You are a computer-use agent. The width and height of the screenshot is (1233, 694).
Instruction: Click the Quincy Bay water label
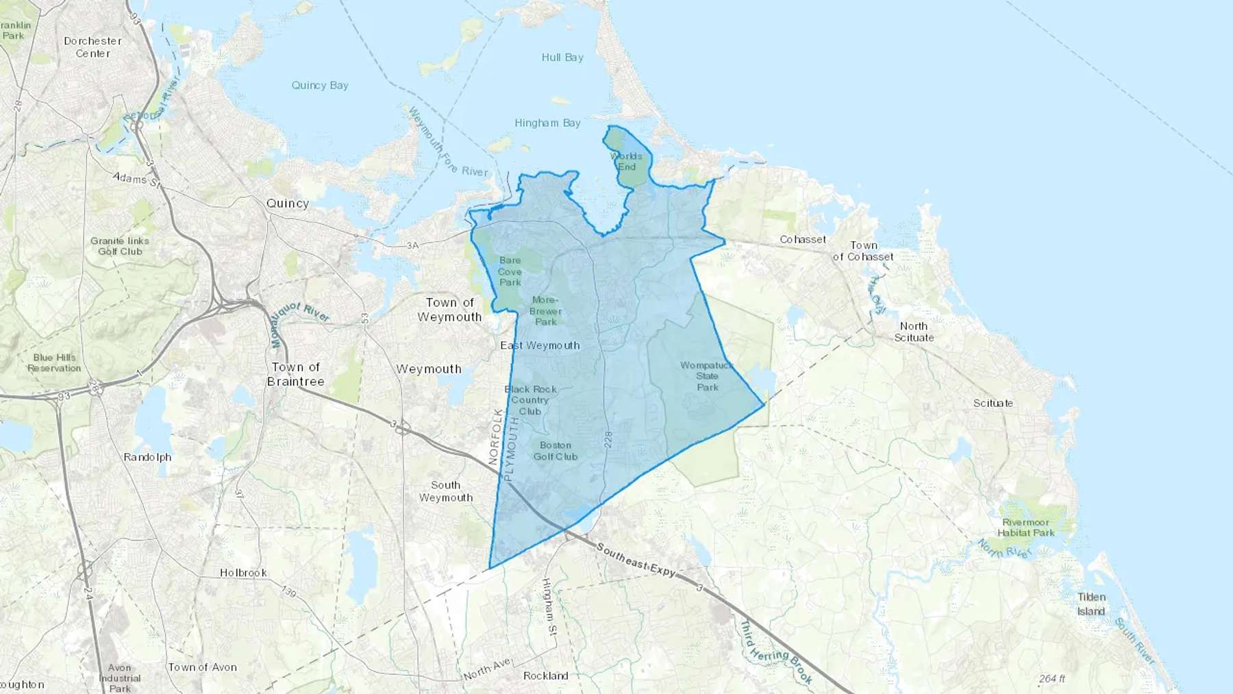click(320, 86)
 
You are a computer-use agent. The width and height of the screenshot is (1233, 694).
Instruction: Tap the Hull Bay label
click(562, 58)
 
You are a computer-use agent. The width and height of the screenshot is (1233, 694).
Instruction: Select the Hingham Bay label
click(547, 123)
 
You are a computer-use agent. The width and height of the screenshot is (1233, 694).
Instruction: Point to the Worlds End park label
click(627, 162)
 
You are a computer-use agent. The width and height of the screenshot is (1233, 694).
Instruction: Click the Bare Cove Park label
click(510, 271)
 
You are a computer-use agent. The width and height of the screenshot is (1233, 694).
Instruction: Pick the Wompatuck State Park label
click(707, 376)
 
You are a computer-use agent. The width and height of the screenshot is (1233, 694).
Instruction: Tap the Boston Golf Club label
click(556, 451)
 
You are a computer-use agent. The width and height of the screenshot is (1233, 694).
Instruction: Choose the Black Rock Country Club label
click(531, 400)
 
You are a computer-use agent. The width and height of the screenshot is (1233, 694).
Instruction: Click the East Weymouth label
click(540, 345)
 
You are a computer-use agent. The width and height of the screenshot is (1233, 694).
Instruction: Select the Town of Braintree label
click(296, 374)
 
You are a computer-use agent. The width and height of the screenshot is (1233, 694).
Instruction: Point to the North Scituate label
click(914, 332)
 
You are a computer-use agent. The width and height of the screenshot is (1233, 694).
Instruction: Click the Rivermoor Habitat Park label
click(1025, 528)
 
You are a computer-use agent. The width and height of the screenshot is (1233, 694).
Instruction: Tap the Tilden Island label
click(1091, 604)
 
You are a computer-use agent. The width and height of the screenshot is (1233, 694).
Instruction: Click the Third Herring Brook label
click(776, 652)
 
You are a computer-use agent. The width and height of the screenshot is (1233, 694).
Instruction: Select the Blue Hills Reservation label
click(54, 362)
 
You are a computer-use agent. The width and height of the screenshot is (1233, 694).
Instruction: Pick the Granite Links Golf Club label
click(120, 246)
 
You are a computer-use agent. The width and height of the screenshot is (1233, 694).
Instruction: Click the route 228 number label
click(608, 440)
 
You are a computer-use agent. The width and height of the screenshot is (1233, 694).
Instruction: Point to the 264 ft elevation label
click(1052, 679)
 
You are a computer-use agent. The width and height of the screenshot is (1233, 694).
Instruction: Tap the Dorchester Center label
click(92, 47)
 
